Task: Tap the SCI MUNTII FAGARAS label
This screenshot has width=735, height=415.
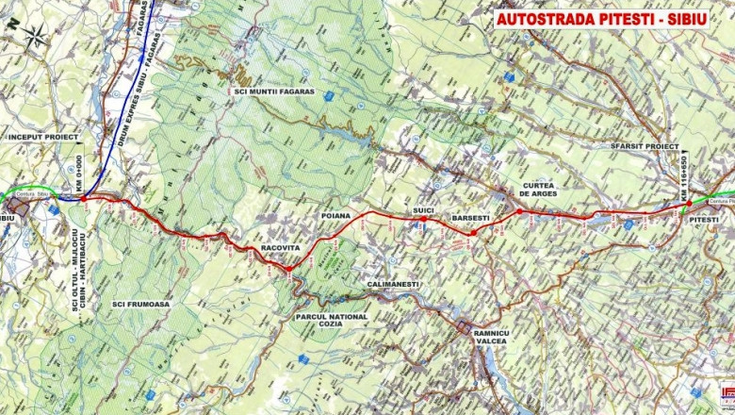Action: pyautogui.click(x=274, y=92)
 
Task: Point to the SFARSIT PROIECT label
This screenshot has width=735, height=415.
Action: pyautogui.click(x=645, y=147)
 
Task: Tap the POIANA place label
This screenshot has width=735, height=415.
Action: pyautogui.click(x=335, y=215)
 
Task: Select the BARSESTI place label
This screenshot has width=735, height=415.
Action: pyautogui.click(x=471, y=218)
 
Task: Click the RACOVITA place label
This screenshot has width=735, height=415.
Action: pyautogui.click(x=280, y=249)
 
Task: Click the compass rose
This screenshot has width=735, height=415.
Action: pyautogui.click(x=36, y=37)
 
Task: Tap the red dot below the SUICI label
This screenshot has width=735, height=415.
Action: pyautogui.click(x=423, y=219)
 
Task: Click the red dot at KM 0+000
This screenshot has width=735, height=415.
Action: pyautogui.click(x=83, y=199)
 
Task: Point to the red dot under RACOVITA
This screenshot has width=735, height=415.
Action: pyautogui.click(x=289, y=269)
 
